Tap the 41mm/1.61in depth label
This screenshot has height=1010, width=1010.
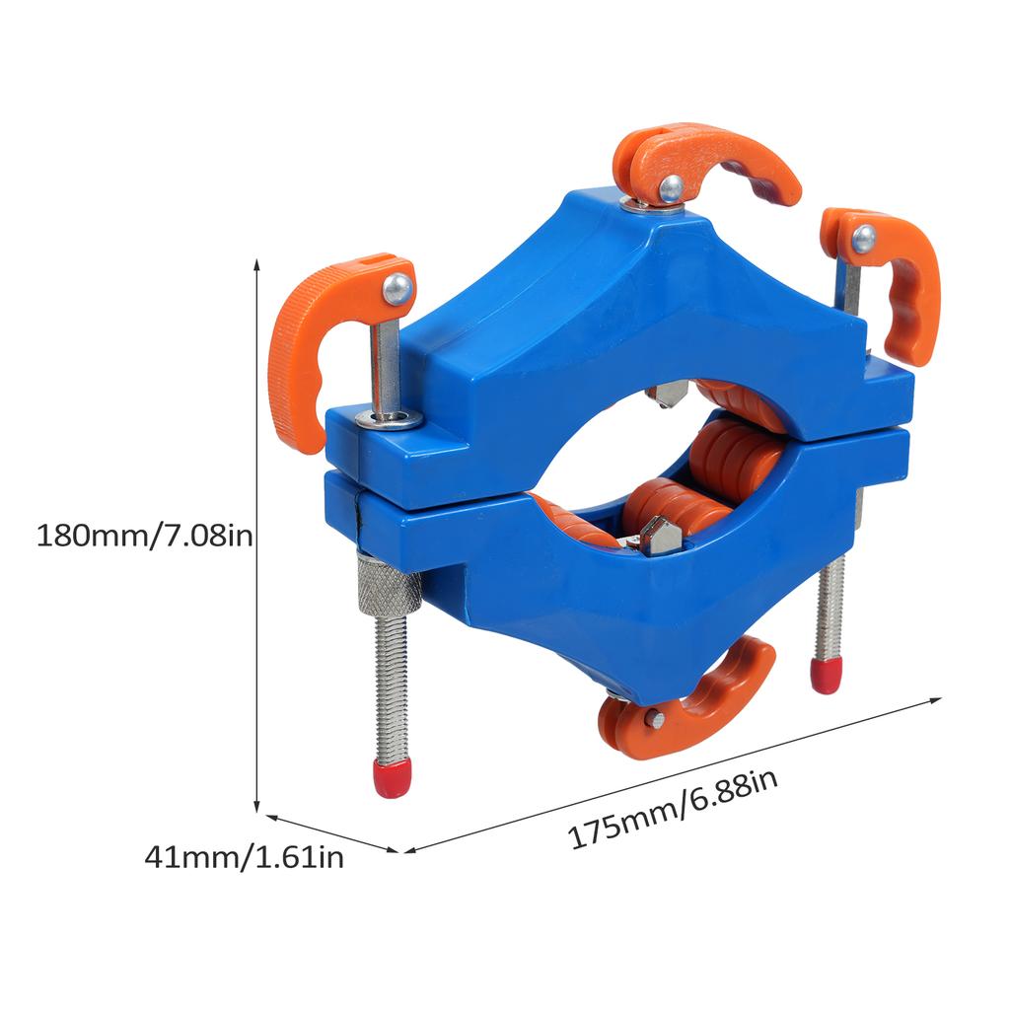pyautogui.click(x=244, y=857)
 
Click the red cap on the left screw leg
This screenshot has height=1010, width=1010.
pyautogui.click(x=392, y=778)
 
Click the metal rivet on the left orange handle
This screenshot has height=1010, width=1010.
pyautogui.click(x=397, y=288)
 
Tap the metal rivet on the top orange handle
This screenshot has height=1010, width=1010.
pyautogui.click(x=671, y=185)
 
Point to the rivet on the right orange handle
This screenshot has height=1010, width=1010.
pyautogui.click(x=864, y=237)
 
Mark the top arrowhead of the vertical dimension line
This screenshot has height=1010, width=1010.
pyautogui.click(x=257, y=264)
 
